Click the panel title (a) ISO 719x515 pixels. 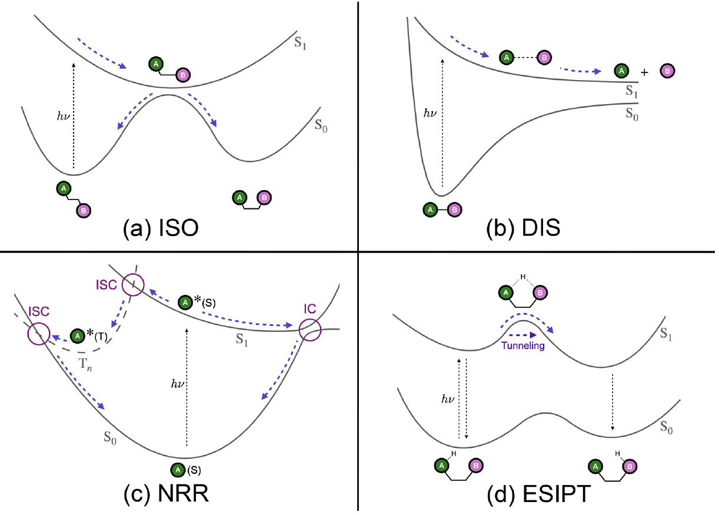[160, 226]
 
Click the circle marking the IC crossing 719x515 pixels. [309, 330]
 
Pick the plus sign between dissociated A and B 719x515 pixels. [644, 72]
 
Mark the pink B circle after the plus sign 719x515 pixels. [667, 71]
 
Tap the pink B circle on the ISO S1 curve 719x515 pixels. [184, 75]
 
